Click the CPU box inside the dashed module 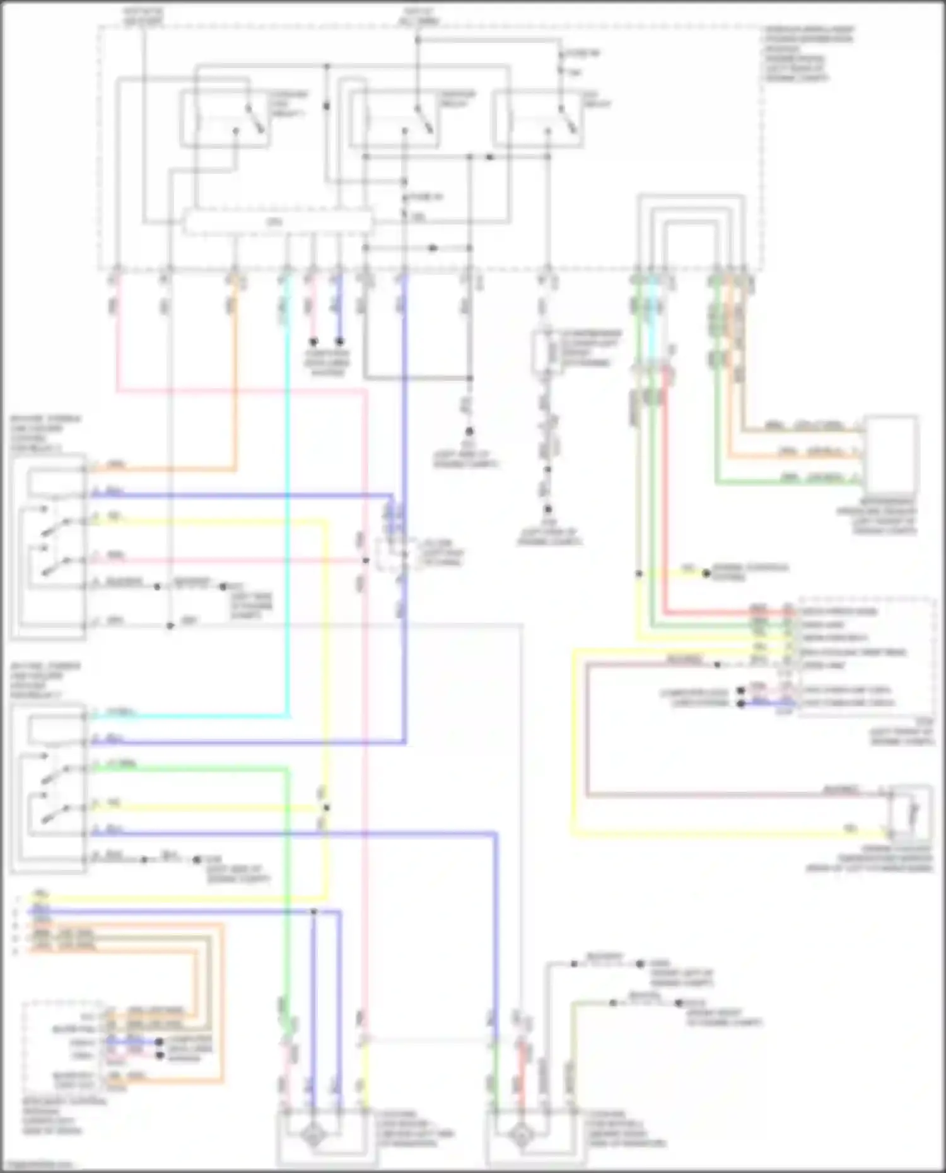276,222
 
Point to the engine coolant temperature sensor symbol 909,813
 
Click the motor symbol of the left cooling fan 313,1138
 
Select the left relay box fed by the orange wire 48,545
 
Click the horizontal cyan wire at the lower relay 189,716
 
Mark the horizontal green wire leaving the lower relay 189,767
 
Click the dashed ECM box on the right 867,656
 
